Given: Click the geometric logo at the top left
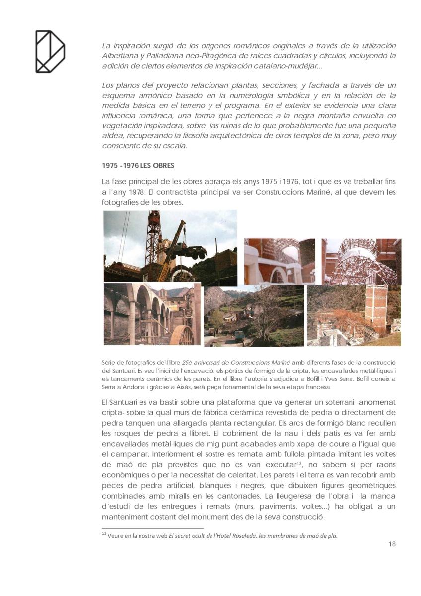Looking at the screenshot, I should coord(50,51).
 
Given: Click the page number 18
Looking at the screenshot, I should coord(392,544).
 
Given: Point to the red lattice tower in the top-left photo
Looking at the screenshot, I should coord(154,238).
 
